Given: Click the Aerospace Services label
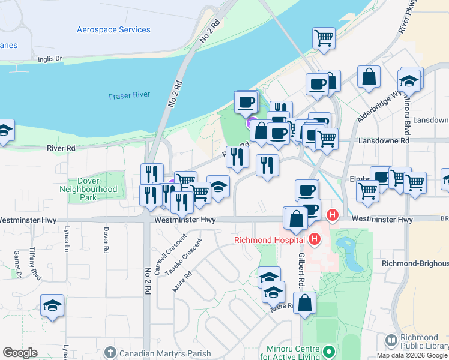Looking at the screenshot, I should tap(113, 29).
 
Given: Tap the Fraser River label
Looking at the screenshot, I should tap(129, 95).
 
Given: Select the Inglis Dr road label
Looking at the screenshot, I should tap(50, 59).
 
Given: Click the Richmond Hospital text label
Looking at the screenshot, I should tap(270, 241).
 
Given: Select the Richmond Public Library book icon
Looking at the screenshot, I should tap(391, 341).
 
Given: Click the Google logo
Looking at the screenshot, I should tap(20, 353).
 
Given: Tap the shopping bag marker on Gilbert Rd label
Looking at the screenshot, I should tap(305, 304).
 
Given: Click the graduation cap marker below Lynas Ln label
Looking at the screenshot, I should tap(52, 306).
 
